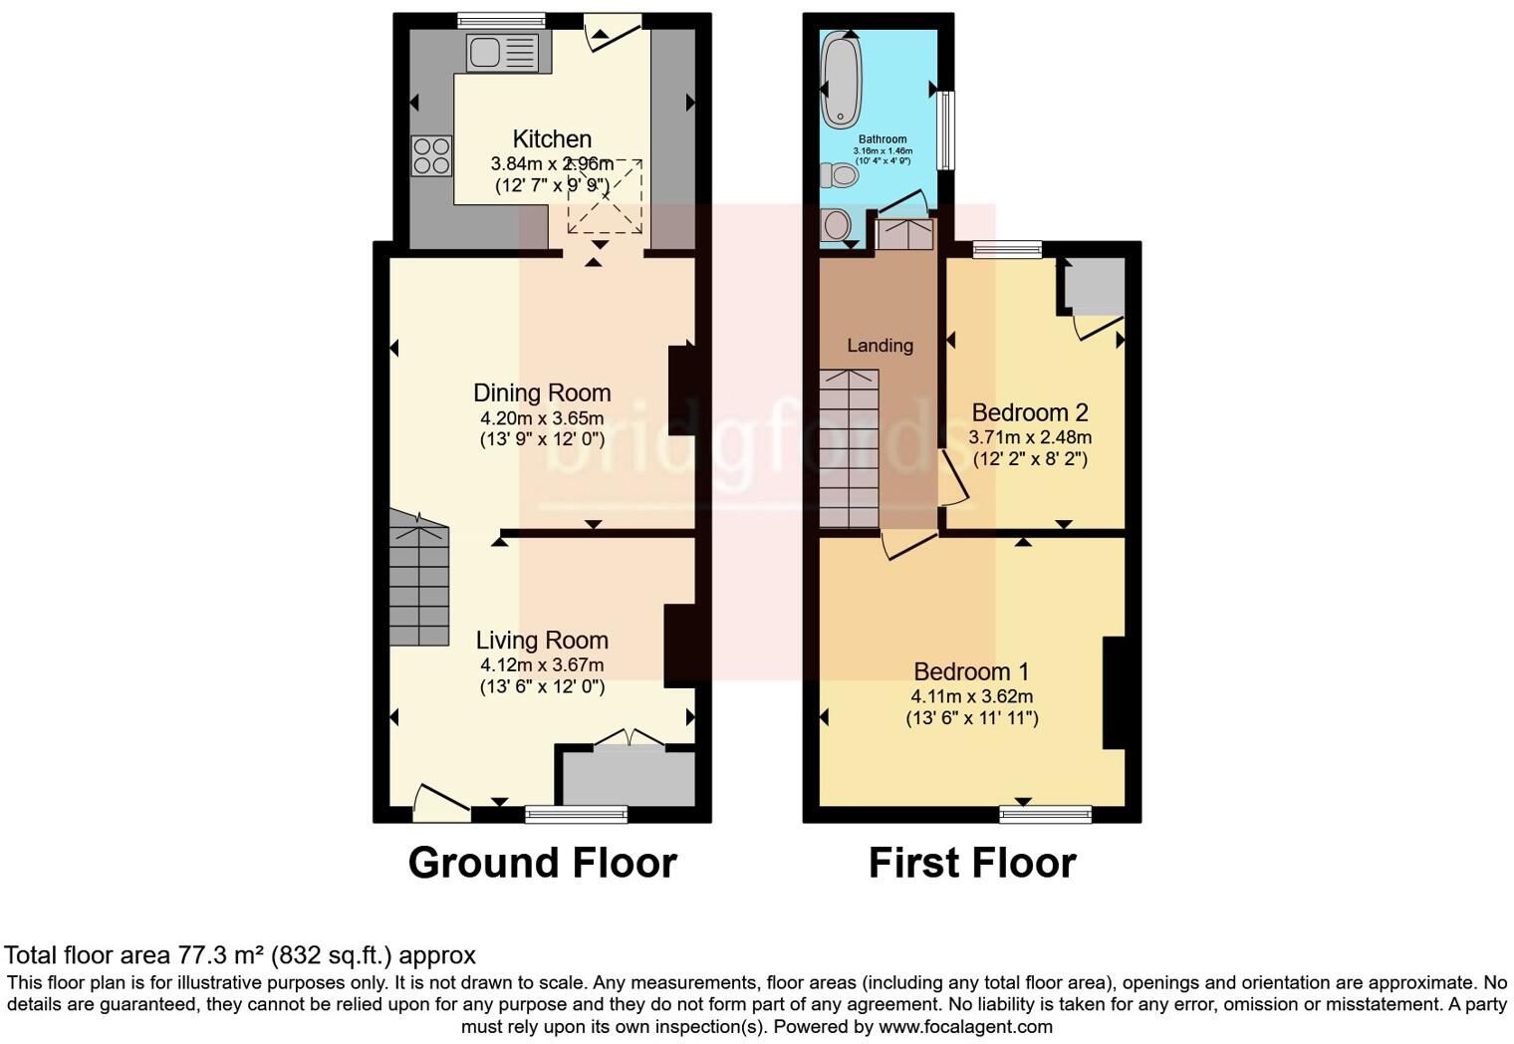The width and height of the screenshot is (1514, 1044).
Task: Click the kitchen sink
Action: point(502,52)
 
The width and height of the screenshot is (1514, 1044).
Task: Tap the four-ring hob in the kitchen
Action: point(431,156)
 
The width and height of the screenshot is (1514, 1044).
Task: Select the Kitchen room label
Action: point(552,139)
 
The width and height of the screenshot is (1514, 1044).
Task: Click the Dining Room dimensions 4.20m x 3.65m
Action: point(542,418)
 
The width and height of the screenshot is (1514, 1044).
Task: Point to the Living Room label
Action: point(542,641)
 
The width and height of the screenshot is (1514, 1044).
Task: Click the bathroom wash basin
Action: point(835,224)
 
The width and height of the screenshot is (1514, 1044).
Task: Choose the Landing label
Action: point(880,346)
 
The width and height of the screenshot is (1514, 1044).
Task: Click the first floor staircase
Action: point(850,448)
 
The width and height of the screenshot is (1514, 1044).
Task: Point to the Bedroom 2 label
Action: point(1030,412)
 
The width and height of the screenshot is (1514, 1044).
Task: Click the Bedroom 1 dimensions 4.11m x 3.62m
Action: point(971,696)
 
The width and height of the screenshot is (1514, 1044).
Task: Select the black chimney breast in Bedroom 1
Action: point(1114,692)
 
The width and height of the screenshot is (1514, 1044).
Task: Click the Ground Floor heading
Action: point(542,863)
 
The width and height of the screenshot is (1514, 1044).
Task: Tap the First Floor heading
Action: point(972,863)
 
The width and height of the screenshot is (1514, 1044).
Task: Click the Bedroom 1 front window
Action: point(1045,815)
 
